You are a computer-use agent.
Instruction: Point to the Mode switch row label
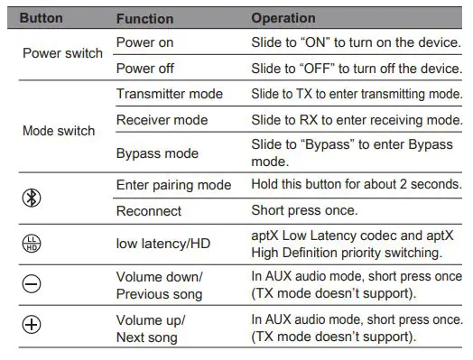click(x=58, y=131)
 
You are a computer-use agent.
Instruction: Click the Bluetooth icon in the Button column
click(x=32, y=197)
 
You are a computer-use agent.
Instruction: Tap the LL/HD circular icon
click(x=32, y=244)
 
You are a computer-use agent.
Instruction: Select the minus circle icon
click(x=32, y=285)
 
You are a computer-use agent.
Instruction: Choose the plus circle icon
click(x=32, y=328)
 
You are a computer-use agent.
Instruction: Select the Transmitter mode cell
click(x=169, y=94)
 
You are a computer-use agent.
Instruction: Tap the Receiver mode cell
click(x=162, y=120)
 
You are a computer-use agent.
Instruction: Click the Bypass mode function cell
click(x=157, y=153)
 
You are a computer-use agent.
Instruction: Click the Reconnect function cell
click(x=148, y=211)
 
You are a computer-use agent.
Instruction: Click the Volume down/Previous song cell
click(x=162, y=285)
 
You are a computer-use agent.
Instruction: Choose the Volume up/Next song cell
click(x=151, y=328)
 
